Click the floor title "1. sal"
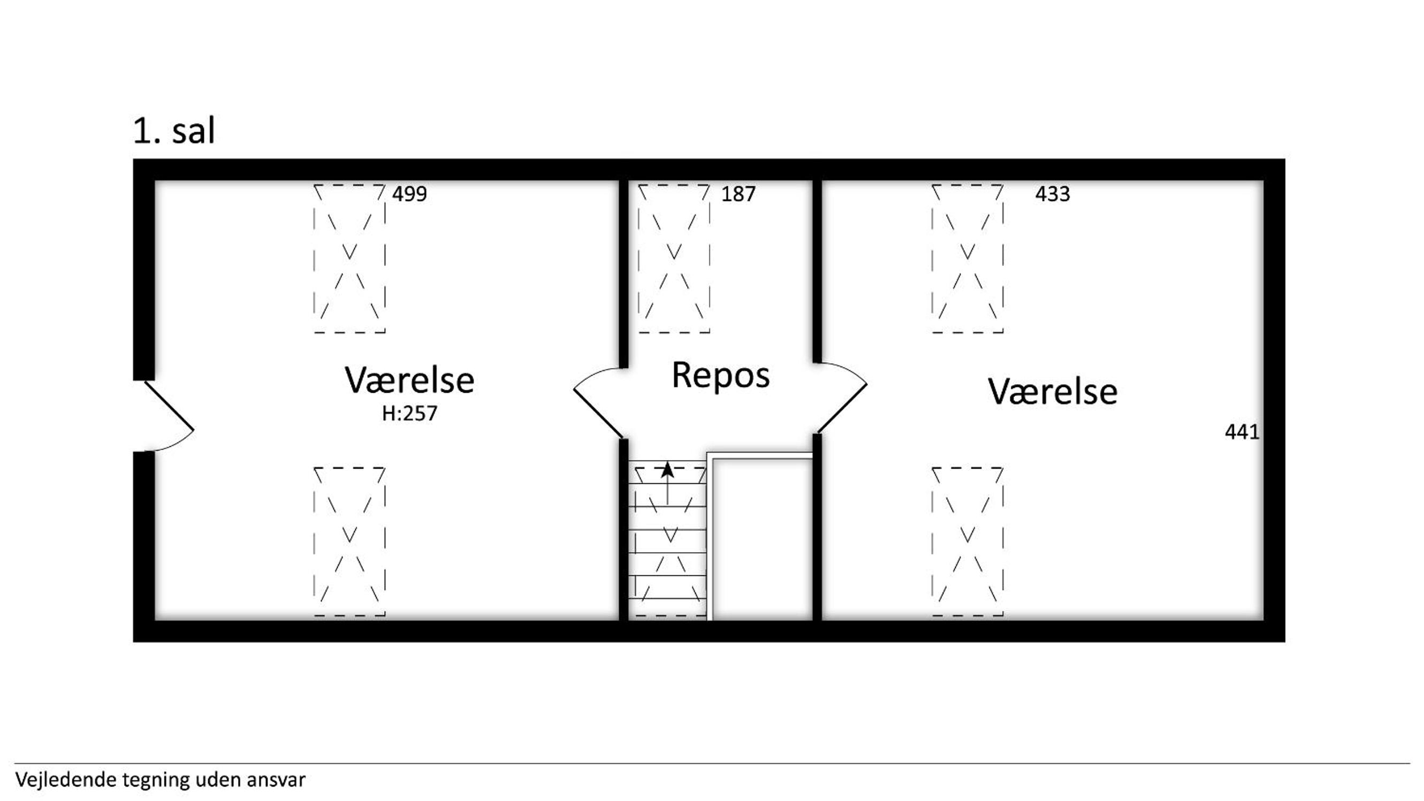[x=174, y=131]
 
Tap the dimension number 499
[x=409, y=194]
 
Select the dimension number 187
[x=738, y=194]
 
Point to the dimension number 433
[x=1053, y=194]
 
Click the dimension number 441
[x=1242, y=432]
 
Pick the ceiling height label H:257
[x=409, y=414]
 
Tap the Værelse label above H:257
[x=409, y=380]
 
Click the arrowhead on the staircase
[x=668, y=469]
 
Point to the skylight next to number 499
[x=349, y=259]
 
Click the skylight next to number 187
[x=674, y=259]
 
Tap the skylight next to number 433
[x=968, y=259]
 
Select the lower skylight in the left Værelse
[x=349, y=541]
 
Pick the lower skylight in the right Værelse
[x=968, y=541]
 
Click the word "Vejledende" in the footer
[x=66, y=780]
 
